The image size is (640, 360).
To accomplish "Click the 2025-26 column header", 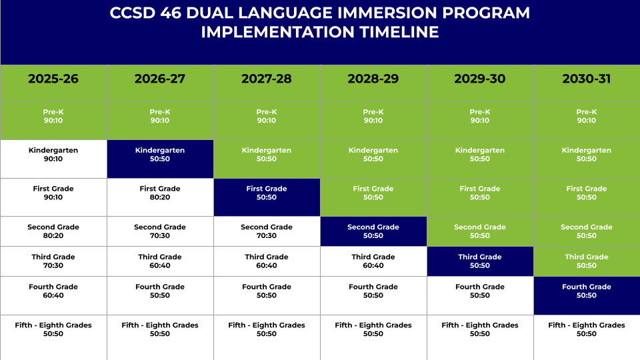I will (53, 79).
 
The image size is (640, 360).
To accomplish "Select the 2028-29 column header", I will (373, 79).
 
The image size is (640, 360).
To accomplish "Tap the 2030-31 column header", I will (587, 79).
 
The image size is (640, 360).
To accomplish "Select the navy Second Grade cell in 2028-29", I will (373, 231).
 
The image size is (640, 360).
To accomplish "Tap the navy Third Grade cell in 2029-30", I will (480, 261).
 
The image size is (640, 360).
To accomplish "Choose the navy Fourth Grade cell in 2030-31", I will (587, 291).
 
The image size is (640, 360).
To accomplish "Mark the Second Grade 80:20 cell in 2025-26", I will (53, 231).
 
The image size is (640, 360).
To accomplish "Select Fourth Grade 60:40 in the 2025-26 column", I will (53, 291).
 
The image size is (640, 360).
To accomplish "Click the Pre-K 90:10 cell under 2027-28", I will (267, 117).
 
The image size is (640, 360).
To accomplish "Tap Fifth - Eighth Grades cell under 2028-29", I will (373, 329).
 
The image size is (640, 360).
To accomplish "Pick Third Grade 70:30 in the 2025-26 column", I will (53, 261).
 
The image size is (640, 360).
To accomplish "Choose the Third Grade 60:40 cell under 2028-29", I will (373, 261).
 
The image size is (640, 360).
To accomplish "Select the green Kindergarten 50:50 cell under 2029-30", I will (480, 155).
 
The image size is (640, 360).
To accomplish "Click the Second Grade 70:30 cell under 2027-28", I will (267, 231).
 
